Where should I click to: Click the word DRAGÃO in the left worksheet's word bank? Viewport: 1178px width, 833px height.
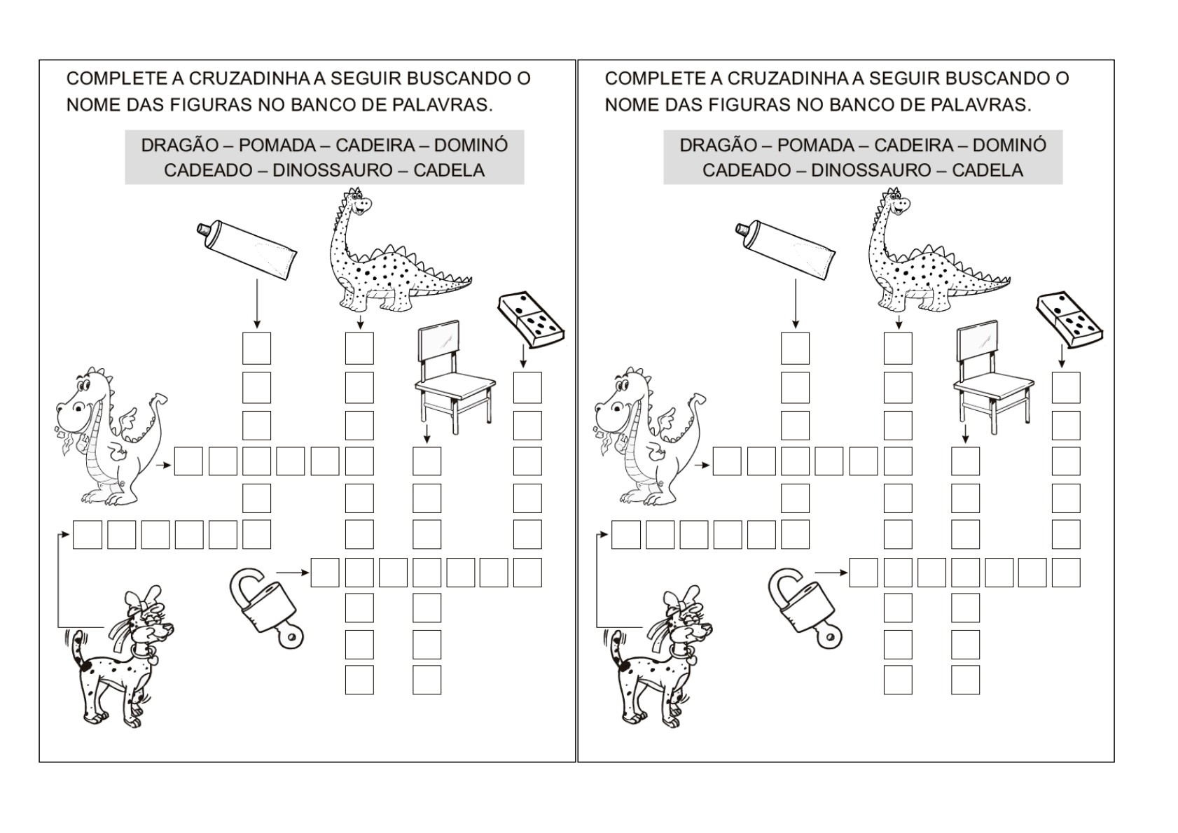click(x=180, y=145)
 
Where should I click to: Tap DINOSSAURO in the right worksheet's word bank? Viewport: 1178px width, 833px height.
click(x=871, y=170)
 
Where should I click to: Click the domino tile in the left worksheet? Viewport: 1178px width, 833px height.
click(x=531, y=319)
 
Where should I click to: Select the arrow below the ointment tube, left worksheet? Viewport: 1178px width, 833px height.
click(x=256, y=304)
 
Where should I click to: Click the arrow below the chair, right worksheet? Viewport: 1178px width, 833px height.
click(x=965, y=433)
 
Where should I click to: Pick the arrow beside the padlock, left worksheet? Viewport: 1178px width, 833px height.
click(x=293, y=573)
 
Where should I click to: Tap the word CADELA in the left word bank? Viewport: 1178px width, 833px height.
click(x=449, y=170)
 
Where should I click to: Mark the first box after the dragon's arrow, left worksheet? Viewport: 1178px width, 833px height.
click(x=188, y=461)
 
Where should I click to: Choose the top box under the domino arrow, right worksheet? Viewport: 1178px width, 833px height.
click(x=1066, y=388)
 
